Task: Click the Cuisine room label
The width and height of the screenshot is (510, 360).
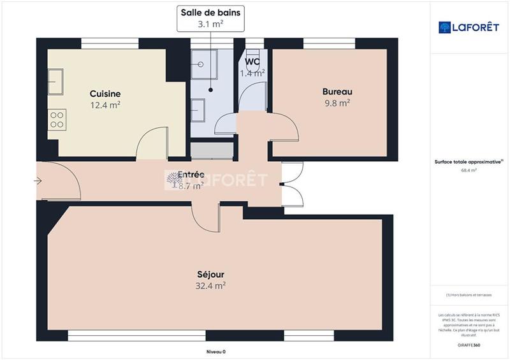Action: (x=105, y=94)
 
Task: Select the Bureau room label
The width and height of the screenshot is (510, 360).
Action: (x=337, y=91)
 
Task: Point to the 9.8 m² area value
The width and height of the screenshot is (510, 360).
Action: (x=337, y=102)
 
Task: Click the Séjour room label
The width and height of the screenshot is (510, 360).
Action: (x=210, y=275)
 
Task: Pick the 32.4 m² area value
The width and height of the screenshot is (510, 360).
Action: (x=210, y=286)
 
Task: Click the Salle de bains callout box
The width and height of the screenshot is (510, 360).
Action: (x=212, y=18)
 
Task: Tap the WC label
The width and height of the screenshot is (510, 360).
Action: (x=252, y=62)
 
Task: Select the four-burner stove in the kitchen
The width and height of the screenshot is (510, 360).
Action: (x=57, y=119)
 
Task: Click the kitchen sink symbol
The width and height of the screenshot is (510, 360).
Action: (x=55, y=80)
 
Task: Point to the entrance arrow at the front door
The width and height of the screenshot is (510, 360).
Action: (x=38, y=182)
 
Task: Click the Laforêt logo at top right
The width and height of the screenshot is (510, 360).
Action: (x=470, y=27)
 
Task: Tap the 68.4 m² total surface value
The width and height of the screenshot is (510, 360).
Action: (x=470, y=170)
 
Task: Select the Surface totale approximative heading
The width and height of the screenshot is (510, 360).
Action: (x=469, y=162)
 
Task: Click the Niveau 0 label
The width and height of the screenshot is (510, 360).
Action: (x=215, y=352)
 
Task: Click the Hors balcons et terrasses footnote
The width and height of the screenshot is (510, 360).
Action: (x=470, y=294)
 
